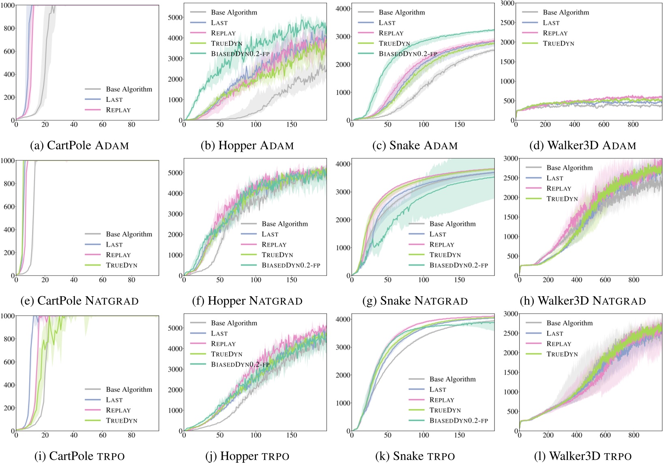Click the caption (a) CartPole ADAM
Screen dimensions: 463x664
coord(80,145)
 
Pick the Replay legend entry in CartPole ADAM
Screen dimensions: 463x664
coord(118,110)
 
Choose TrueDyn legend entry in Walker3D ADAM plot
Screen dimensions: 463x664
coord(558,43)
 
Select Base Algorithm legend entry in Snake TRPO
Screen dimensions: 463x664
coord(452,379)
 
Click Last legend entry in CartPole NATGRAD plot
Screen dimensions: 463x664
coord(114,245)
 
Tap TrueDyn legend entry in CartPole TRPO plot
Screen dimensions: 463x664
coord(121,421)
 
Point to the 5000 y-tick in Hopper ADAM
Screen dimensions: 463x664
coord(175,17)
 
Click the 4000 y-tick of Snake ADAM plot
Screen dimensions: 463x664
coord(343,9)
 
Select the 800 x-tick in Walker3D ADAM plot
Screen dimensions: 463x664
coord(633,125)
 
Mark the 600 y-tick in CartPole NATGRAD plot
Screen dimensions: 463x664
coord(8,207)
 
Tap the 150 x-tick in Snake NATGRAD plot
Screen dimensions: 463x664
coord(459,280)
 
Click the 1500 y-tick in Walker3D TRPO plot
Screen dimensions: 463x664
coord(511,373)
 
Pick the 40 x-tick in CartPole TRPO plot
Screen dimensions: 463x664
coord(74,435)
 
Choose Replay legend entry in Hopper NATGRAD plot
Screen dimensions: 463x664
coord(274,245)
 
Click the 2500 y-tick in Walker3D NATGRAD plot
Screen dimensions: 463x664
coord(511,178)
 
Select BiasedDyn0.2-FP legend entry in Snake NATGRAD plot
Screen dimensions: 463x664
coord(458,265)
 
